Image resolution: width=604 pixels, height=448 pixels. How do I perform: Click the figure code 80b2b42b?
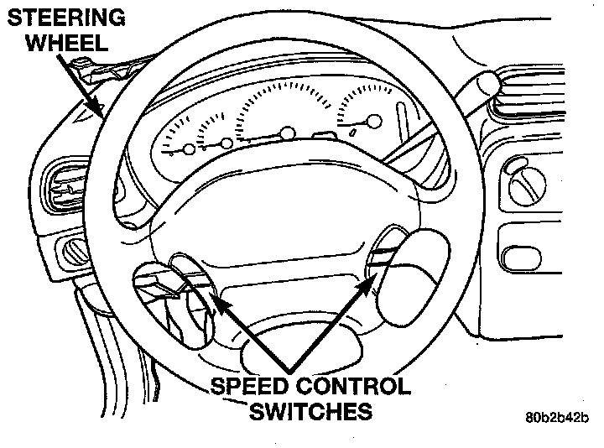[x=559, y=417]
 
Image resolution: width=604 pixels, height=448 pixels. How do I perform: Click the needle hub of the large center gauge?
[x=289, y=133]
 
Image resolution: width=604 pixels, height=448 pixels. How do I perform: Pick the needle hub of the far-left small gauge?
[x=189, y=149]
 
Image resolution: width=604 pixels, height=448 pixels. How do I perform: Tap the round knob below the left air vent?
[x=75, y=249]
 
